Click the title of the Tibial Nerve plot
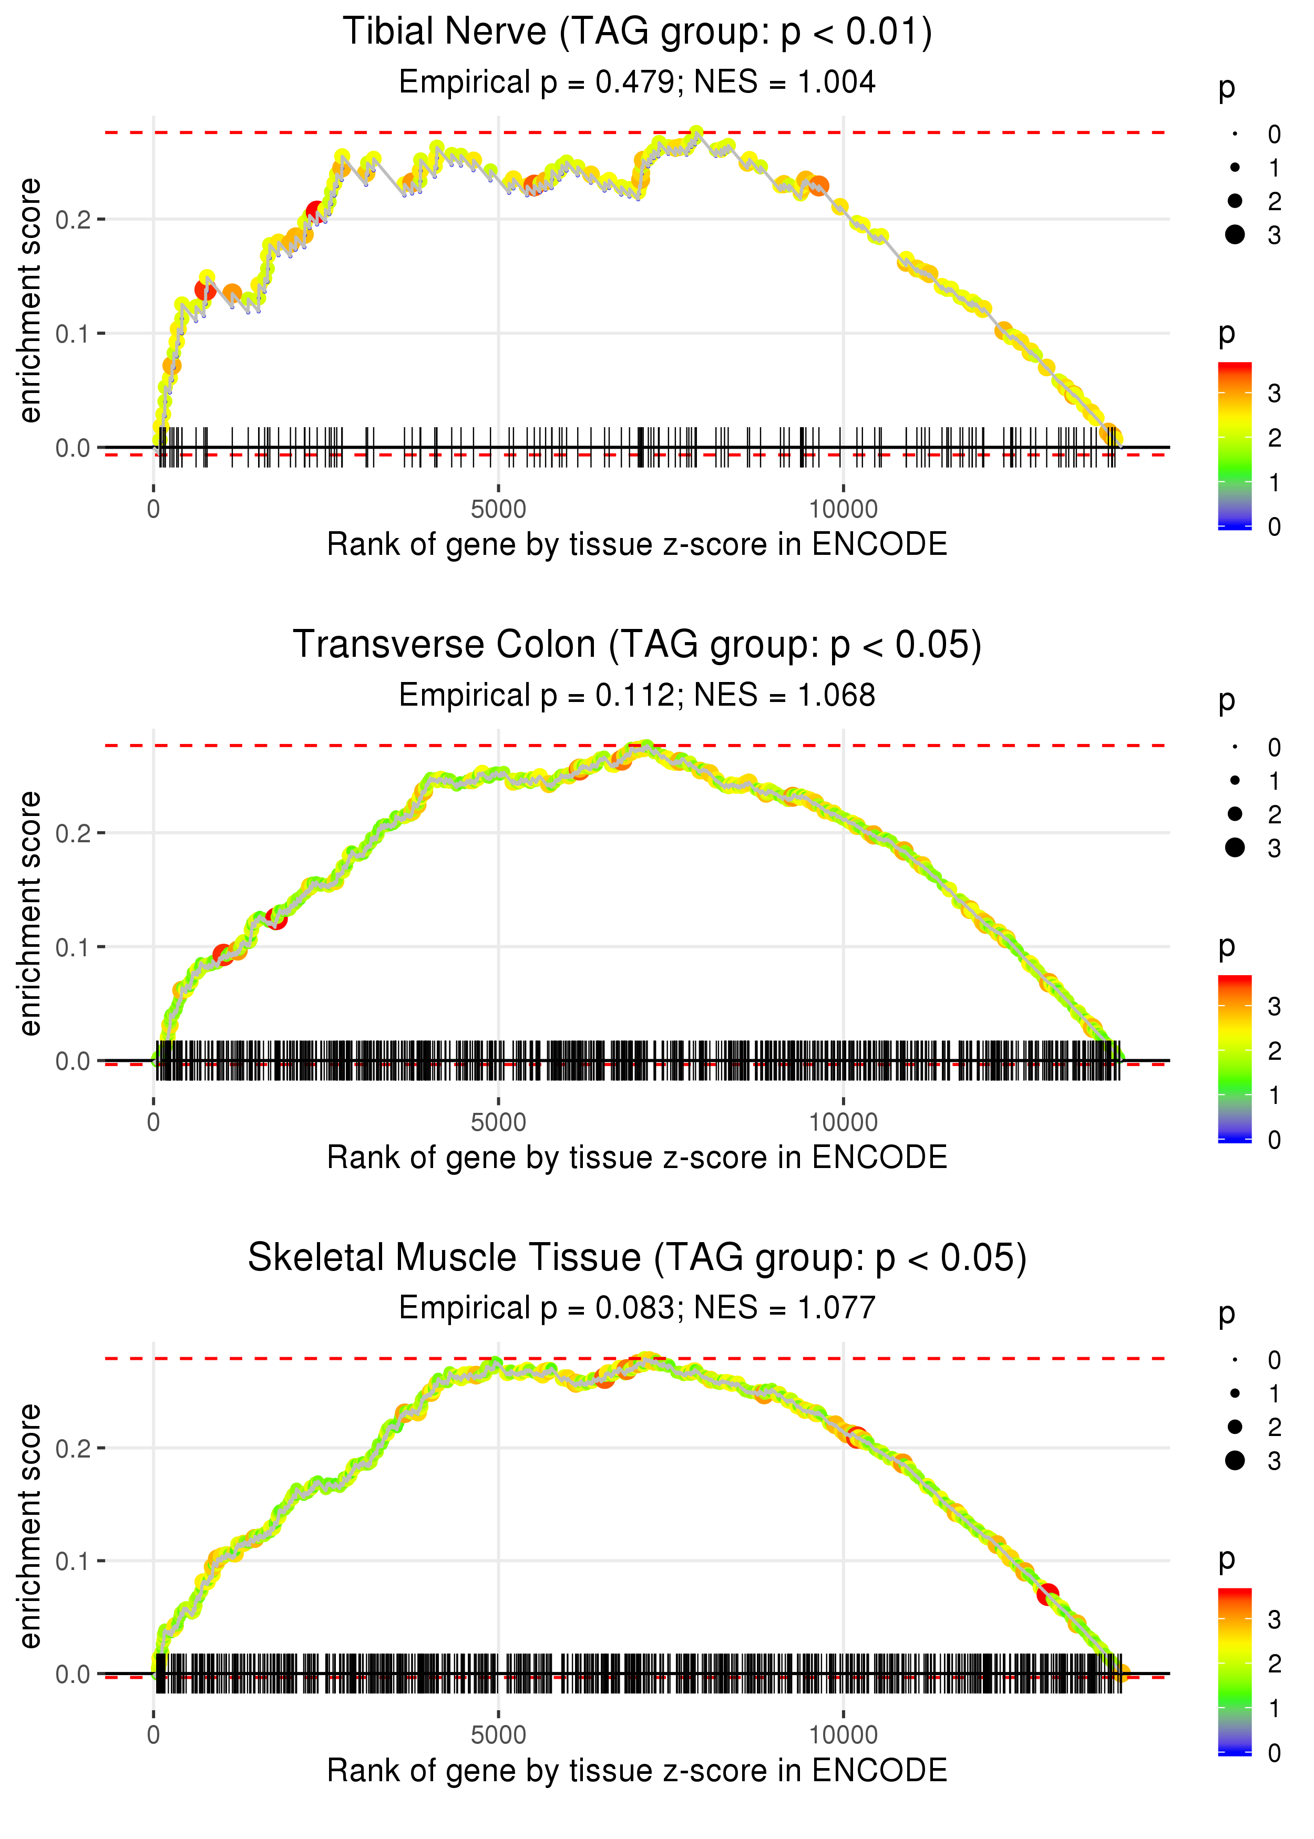click(637, 33)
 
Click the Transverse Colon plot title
click(637, 645)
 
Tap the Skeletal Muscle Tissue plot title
click(637, 1258)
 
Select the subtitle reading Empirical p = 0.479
click(637, 82)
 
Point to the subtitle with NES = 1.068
click(637, 696)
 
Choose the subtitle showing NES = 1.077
click(637, 1308)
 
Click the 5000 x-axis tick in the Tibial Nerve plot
click(498, 510)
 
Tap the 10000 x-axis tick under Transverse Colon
click(843, 1122)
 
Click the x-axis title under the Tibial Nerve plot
click(637, 544)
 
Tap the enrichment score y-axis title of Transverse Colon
click(30, 914)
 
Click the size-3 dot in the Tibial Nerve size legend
click(1235, 234)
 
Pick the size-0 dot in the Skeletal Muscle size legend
click(1235, 1360)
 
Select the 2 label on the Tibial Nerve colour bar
click(1275, 438)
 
